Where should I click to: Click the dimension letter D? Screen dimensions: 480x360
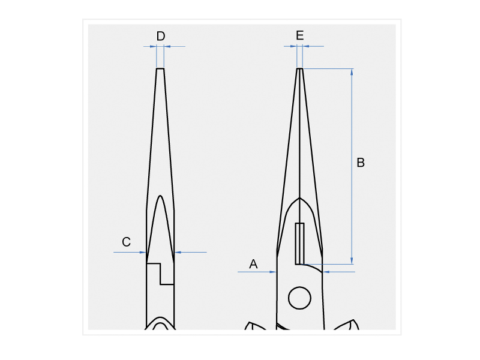coord(161,36)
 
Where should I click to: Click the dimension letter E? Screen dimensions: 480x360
coord(299,35)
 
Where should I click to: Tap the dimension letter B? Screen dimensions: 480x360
coord(361,163)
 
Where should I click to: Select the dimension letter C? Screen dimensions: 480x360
coord(126,242)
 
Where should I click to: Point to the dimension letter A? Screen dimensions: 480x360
coord(253,264)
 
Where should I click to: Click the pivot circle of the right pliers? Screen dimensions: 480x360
coord(299,298)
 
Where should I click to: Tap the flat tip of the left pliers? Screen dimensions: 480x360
coord(160,68)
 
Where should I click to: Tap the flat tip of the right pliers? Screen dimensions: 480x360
coord(299,68)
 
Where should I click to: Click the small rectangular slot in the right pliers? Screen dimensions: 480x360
coord(299,244)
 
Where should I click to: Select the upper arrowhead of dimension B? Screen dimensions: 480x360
coord(352,71)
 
